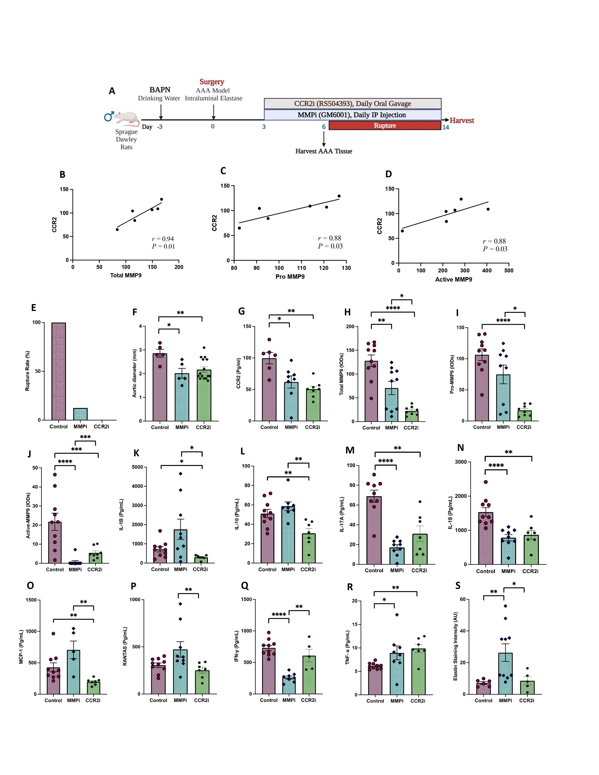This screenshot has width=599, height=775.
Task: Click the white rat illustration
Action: point(127,119)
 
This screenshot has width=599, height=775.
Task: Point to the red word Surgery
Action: point(212,82)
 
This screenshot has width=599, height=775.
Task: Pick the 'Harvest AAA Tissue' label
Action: point(324,151)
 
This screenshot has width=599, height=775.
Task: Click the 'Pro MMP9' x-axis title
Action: point(290,276)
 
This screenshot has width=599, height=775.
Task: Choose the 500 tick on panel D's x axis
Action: point(509,270)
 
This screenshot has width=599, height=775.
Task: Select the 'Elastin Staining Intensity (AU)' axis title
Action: point(455,646)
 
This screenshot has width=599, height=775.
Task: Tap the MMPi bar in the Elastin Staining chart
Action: point(505,673)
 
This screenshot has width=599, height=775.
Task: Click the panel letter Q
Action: point(245,585)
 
